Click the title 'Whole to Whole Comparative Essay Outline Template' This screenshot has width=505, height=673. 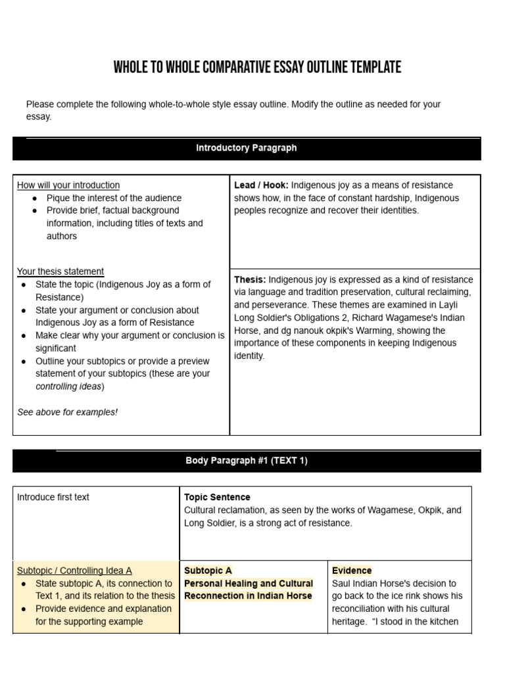[x=257, y=68]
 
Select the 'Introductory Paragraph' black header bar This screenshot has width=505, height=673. [x=247, y=149]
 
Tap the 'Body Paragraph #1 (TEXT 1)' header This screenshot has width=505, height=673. [x=247, y=461]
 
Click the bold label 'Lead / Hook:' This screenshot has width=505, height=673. [x=261, y=185]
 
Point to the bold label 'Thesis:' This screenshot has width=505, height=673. [x=250, y=279]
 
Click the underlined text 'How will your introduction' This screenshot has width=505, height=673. [x=68, y=185]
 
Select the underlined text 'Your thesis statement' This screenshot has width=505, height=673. [x=60, y=271]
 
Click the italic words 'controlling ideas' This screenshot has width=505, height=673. [x=68, y=386]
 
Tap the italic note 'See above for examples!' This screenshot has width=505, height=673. [x=67, y=412]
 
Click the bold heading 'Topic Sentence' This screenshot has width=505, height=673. [x=217, y=498]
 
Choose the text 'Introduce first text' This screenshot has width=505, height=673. [x=53, y=498]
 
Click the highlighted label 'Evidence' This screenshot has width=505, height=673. [x=352, y=570]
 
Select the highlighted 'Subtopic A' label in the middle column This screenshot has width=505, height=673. [x=208, y=570]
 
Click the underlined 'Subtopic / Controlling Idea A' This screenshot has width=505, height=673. [x=74, y=570]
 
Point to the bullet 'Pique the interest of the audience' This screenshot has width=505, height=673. [x=114, y=198]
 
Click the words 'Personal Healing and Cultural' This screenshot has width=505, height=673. [x=249, y=584]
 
